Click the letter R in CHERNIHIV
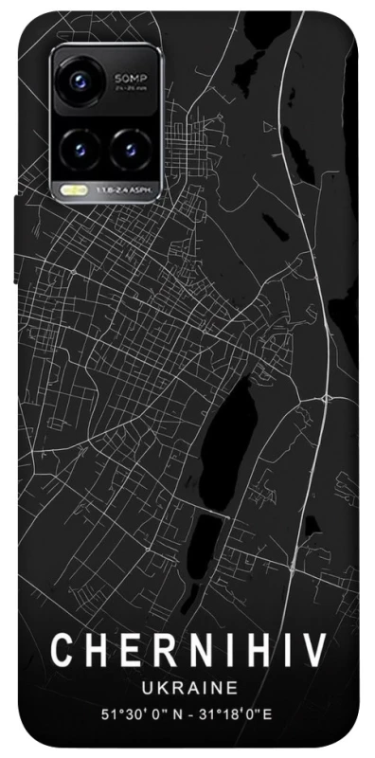[152, 653]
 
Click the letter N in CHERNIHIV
[187, 653]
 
